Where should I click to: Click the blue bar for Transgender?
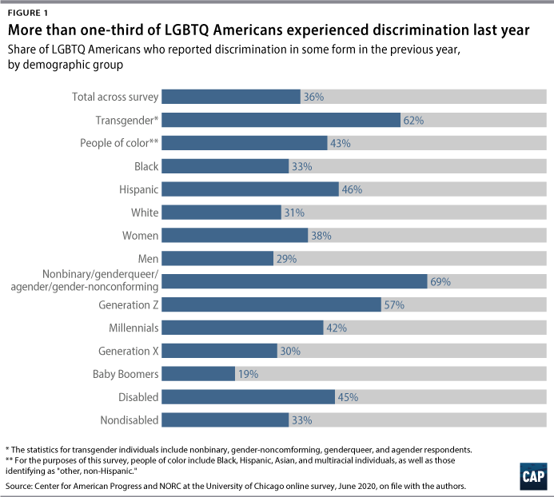pyautogui.click(x=281, y=121)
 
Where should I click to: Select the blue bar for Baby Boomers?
pyautogui.click(x=199, y=374)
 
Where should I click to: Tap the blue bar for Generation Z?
pyautogui.click(x=272, y=304)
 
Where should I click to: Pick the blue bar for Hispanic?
pyautogui.click(x=251, y=189)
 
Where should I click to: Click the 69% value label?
pyautogui.click(x=440, y=282)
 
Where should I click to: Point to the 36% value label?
pyautogui.click(x=313, y=97)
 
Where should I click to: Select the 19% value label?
pyautogui.click(x=248, y=374)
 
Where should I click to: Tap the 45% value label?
pyautogui.click(x=347, y=397)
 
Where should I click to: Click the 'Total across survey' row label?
pyautogui.click(x=116, y=97)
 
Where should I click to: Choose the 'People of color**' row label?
pyautogui.click(x=119, y=144)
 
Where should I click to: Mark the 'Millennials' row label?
pyautogui.click(x=134, y=328)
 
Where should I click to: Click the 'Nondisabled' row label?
pyautogui.click(x=130, y=420)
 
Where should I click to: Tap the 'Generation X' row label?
pyautogui.click(x=129, y=351)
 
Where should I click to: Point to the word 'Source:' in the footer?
pyautogui.click(x=22, y=485)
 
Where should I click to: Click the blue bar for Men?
pyautogui.click(x=218, y=259)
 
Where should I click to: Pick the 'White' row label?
pyautogui.click(x=145, y=213)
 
